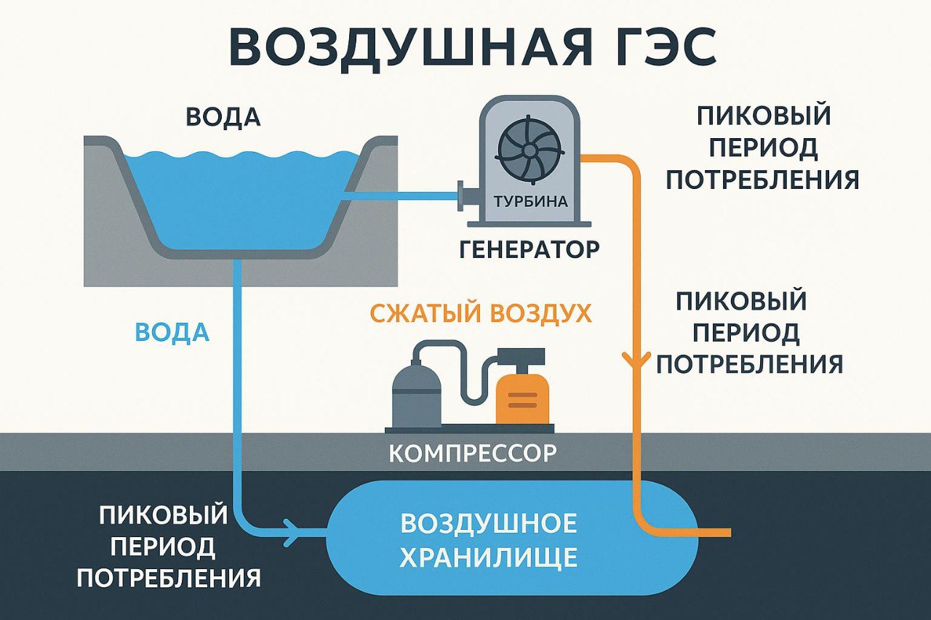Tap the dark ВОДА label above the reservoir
coord(223,118)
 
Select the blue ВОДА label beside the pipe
coord(172,332)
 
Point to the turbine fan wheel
coord(530,150)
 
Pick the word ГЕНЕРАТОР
coord(530,249)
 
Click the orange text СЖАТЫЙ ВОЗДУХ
coord(481,314)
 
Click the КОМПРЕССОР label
coord(473,454)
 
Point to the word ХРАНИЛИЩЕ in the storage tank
coord(489,557)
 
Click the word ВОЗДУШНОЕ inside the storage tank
coord(489,523)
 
